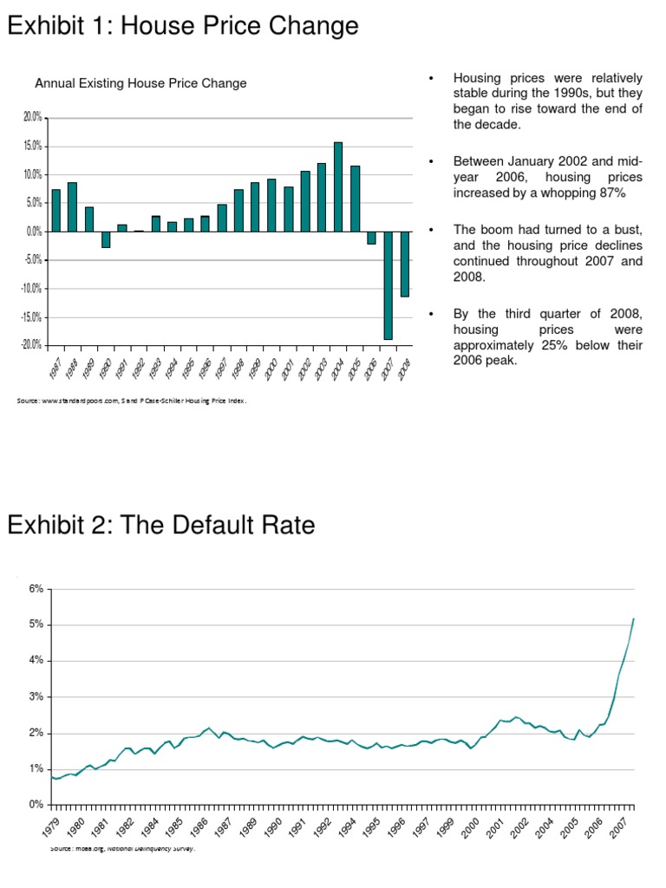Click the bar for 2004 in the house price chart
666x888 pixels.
click(x=338, y=186)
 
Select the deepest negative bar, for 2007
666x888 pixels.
click(x=388, y=285)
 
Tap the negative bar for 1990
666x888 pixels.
click(x=106, y=239)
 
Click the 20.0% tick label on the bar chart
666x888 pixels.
click(x=32, y=117)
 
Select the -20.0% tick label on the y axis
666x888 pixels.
click(x=31, y=345)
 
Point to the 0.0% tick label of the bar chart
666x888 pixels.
click(x=34, y=232)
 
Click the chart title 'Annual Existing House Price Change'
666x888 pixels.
click(x=140, y=83)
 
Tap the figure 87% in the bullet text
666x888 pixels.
click(x=610, y=193)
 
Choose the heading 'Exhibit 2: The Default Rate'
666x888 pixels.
click(x=161, y=526)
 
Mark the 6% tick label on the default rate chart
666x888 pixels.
click(x=36, y=589)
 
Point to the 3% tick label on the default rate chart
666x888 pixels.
click(x=36, y=696)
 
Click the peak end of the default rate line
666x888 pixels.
click(x=634, y=618)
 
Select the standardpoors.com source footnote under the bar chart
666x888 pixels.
click(x=125, y=402)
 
